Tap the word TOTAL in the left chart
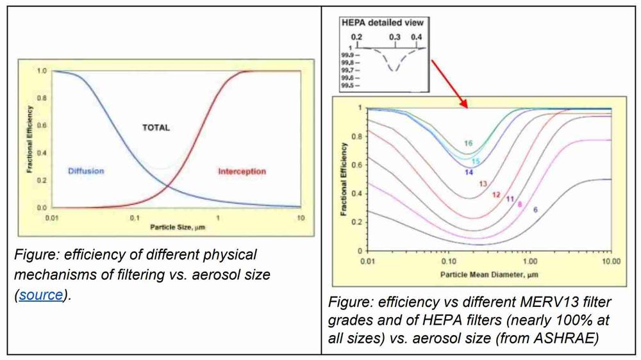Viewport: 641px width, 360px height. [x=156, y=127]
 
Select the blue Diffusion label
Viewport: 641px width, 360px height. [x=86, y=172]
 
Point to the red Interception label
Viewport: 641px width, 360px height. [x=241, y=172]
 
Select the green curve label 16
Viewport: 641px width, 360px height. [x=469, y=143]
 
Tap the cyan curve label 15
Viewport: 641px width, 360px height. [x=476, y=161]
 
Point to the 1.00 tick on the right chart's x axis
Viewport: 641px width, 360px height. [x=529, y=263]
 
